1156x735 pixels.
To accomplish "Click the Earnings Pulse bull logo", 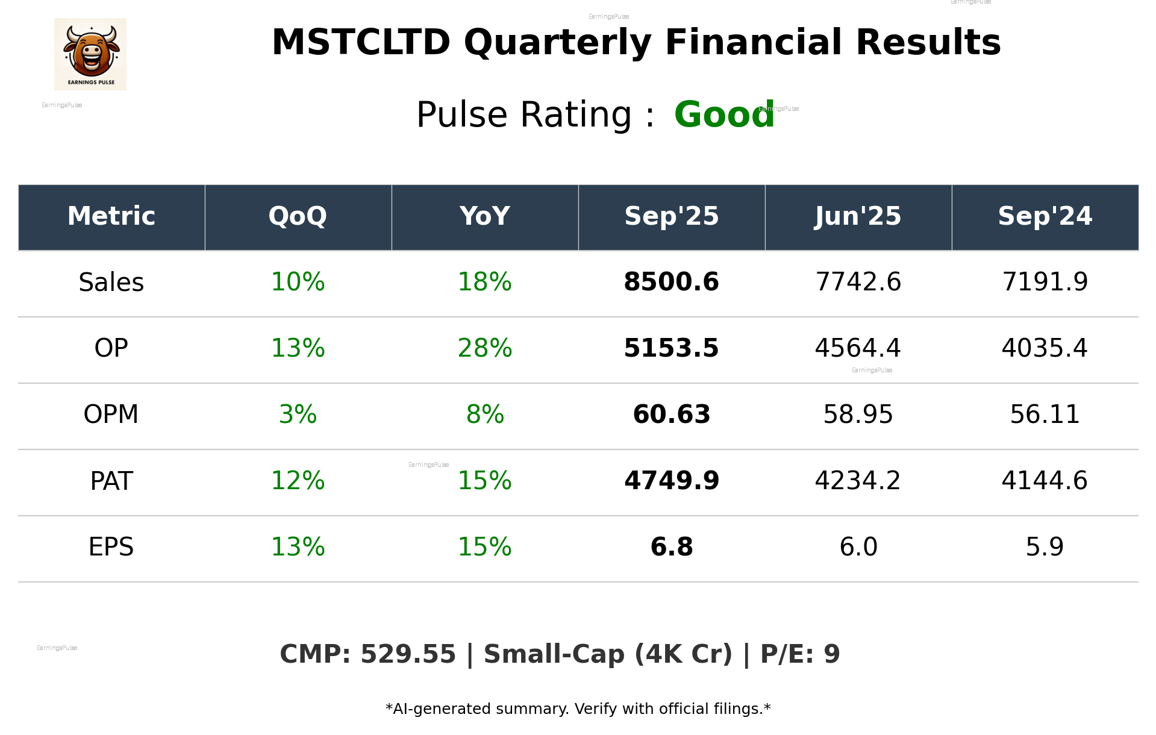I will [90, 54].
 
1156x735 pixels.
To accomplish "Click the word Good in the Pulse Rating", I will [723, 114].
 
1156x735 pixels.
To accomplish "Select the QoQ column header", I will [298, 216].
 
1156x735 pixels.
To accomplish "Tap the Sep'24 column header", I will [1045, 216].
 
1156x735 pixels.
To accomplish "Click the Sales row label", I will [111, 283].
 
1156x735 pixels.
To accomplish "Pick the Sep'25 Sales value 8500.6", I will [671, 283].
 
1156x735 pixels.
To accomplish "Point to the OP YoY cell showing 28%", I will [484, 349].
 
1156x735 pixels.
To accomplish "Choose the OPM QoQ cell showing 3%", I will [298, 415].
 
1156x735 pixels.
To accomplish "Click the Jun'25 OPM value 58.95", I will [858, 415].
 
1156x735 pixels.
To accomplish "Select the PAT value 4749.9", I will [671, 481].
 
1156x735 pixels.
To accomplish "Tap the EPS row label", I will [111, 548].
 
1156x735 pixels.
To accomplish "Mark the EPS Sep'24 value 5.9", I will [1045, 548].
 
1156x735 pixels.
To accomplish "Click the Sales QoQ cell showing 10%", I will [298, 283].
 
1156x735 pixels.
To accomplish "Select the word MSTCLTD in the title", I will [361, 43].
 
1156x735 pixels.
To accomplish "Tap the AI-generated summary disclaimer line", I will [578, 709].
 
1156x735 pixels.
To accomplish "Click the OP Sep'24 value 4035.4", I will [1045, 349].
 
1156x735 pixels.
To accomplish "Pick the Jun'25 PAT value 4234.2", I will [858, 481].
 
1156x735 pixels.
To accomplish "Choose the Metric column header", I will [111, 216].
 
